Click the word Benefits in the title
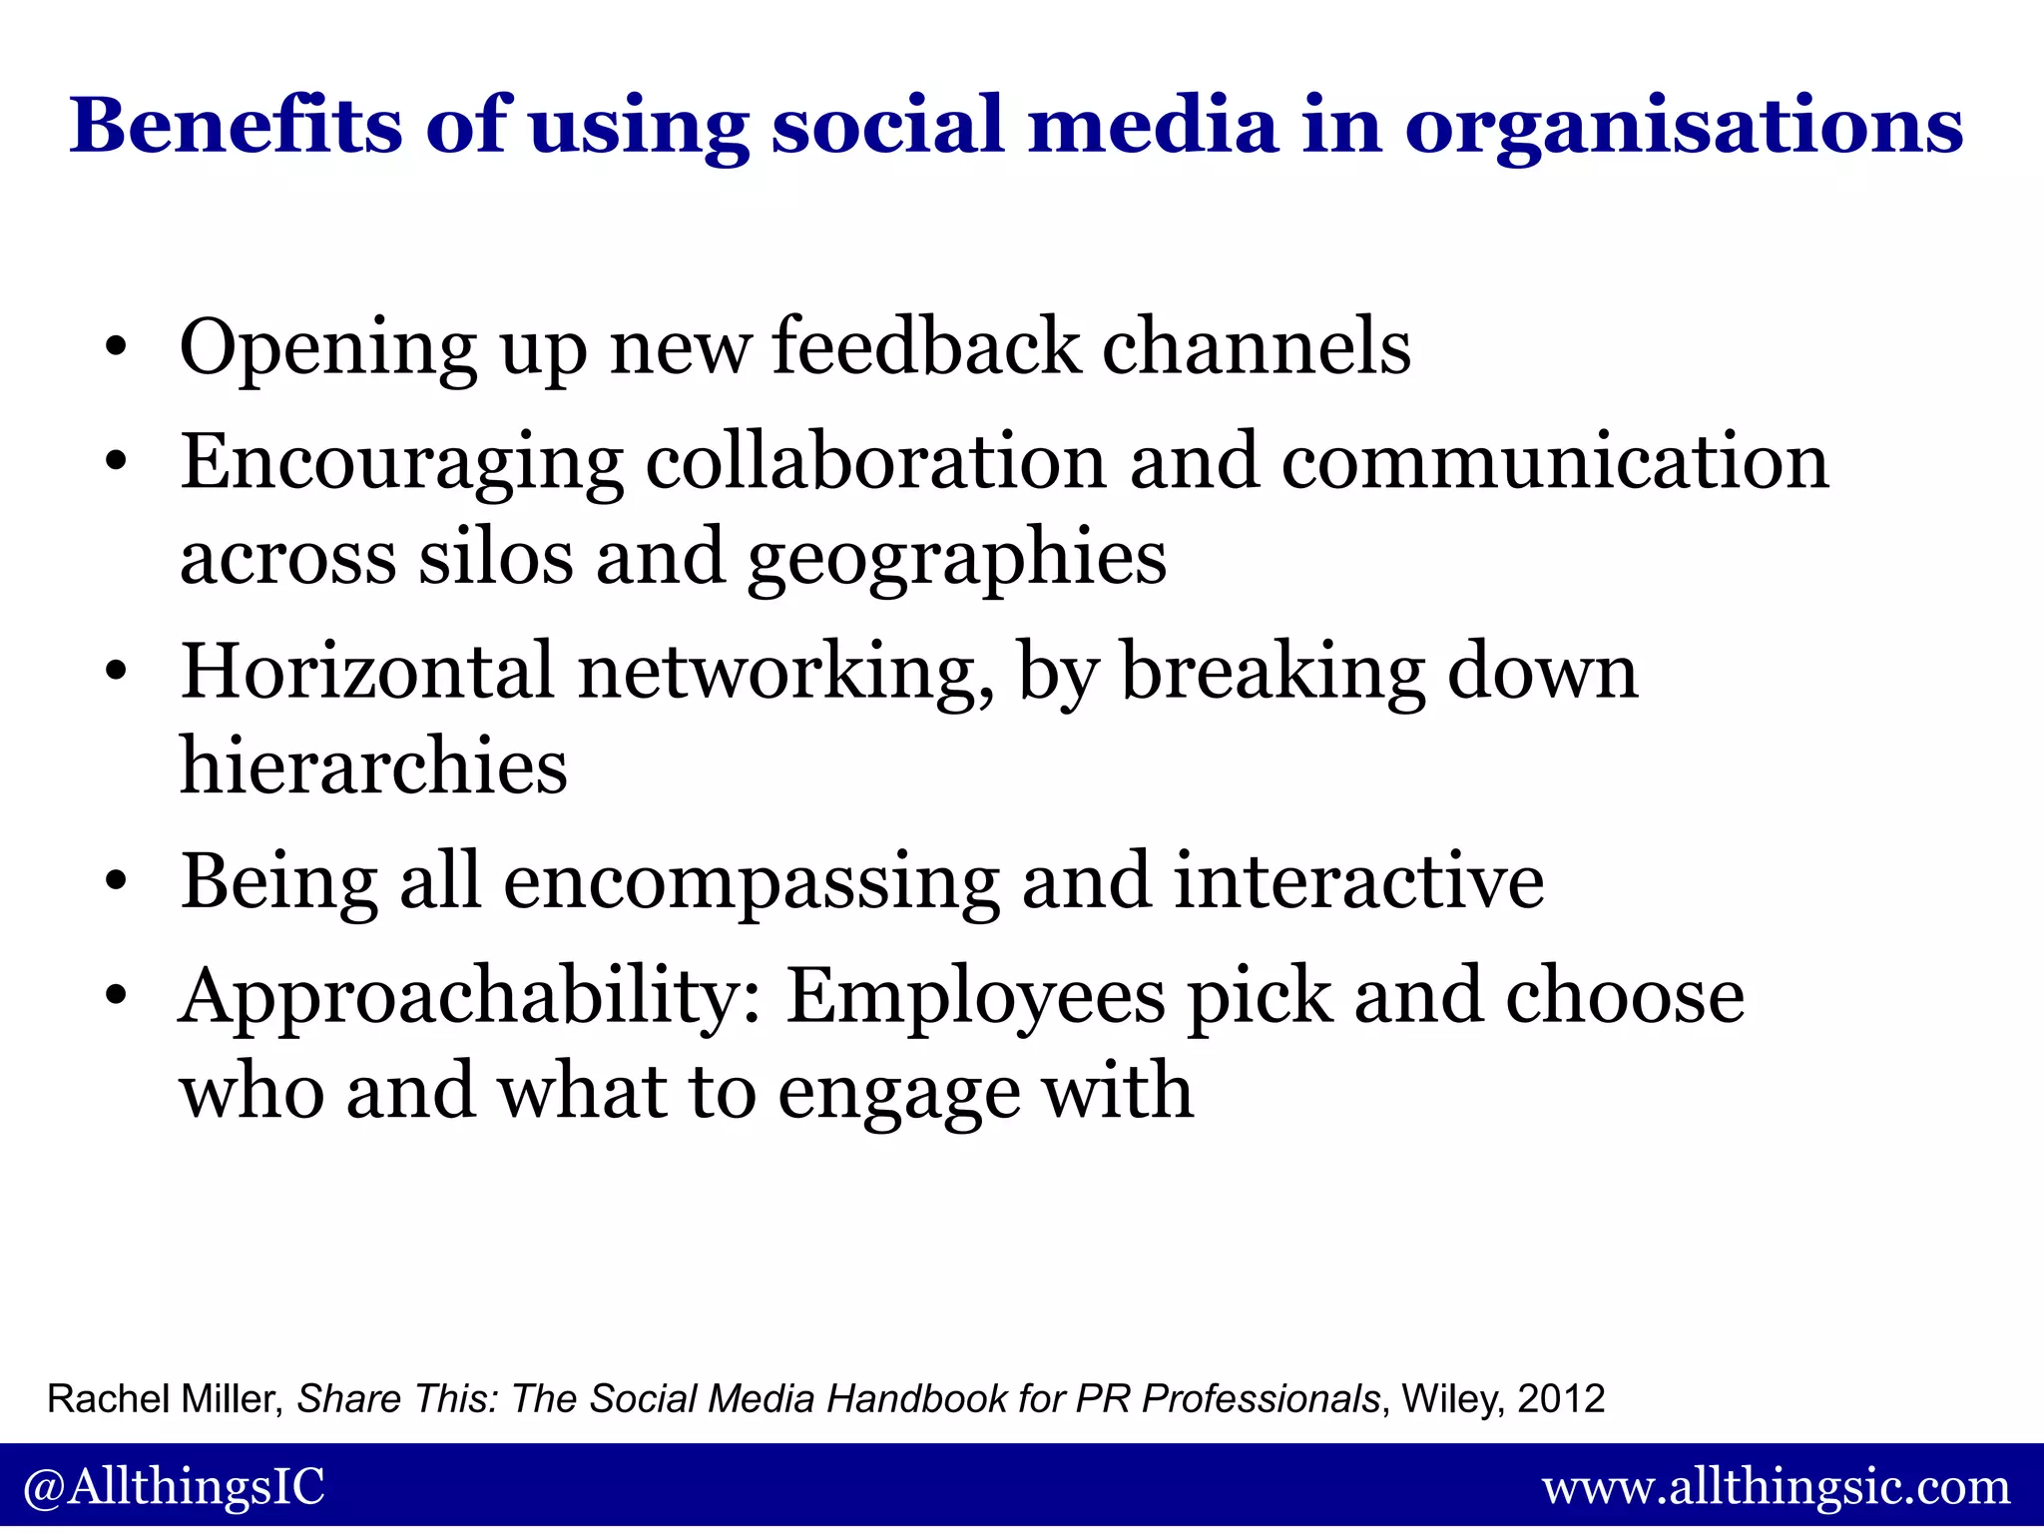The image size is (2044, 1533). tap(236, 126)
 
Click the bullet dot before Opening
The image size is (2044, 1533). tap(117, 348)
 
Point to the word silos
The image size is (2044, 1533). tap(495, 557)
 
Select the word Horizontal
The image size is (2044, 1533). tap(366, 671)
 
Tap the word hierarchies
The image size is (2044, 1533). tap(373, 766)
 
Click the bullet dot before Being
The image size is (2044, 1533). tap(117, 882)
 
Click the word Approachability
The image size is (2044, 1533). tap(469, 998)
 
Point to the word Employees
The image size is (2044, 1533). tap(975, 998)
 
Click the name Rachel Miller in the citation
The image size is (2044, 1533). tap(164, 1398)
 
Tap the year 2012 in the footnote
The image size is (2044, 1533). tap(1561, 1398)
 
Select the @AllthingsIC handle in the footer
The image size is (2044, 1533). tap(174, 1486)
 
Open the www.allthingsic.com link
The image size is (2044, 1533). tap(1776, 1487)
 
